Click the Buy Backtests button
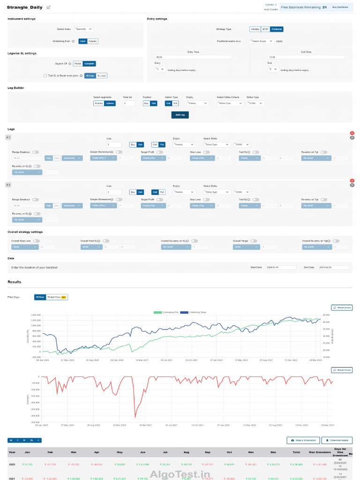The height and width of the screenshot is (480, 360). click(x=341, y=7)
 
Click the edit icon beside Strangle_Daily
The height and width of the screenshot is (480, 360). click(x=49, y=7)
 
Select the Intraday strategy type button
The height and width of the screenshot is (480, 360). click(x=255, y=29)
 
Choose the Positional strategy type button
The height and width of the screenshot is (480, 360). click(x=277, y=29)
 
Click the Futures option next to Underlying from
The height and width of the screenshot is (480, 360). click(x=93, y=41)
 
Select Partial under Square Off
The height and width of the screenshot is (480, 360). click(x=78, y=64)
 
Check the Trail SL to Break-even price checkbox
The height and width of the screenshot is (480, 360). click(x=45, y=75)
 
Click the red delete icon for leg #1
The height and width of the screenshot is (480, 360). click(x=352, y=134)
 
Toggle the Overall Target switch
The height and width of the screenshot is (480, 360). click(x=254, y=241)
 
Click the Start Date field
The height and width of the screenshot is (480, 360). click(x=280, y=267)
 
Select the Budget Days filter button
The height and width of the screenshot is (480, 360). click(x=57, y=297)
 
